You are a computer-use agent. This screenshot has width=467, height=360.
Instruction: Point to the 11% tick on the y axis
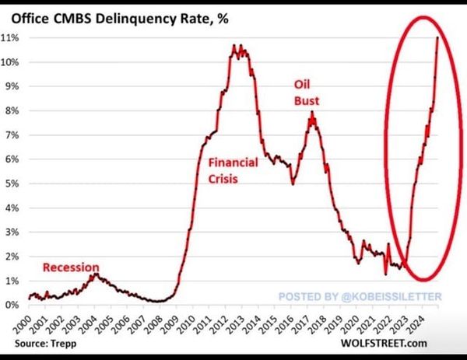click(12, 37)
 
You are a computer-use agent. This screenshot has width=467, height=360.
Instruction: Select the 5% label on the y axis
click(12, 183)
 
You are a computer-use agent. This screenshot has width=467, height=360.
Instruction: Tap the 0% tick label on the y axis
click(12, 305)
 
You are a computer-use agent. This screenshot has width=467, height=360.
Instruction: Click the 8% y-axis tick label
click(12, 110)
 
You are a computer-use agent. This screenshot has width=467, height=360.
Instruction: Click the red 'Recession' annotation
click(72, 267)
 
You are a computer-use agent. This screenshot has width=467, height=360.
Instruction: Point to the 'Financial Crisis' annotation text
click(233, 170)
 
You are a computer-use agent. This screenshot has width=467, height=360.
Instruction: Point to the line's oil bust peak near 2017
click(312, 113)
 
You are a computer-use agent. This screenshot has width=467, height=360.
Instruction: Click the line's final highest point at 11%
click(437, 37)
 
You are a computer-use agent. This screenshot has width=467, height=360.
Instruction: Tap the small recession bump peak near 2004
click(94, 274)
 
